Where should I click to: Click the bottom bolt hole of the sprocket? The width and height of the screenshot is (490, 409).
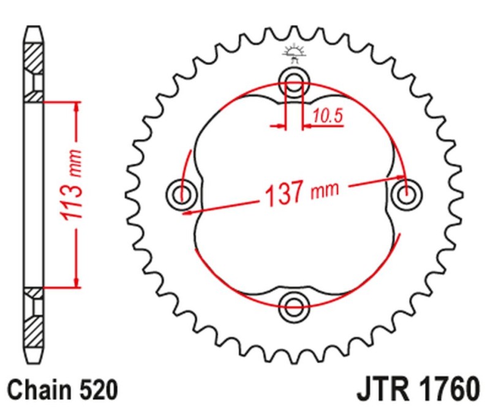tap(295, 305)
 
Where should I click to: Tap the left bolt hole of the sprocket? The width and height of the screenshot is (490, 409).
tap(181, 195)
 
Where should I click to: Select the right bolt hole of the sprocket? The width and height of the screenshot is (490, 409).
tap(406, 195)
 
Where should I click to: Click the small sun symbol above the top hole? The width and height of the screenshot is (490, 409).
tap(295, 53)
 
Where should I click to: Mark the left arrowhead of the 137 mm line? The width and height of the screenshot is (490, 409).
tap(193, 211)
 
